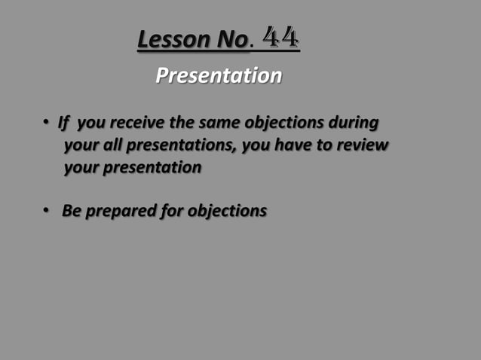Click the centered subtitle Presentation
click(219, 76)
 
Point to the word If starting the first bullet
click(63, 122)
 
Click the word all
click(110, 145)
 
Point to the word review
click(363, 145)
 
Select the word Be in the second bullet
click(72, 211)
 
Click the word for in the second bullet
click(171, 211)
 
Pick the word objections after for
click(227, 212)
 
